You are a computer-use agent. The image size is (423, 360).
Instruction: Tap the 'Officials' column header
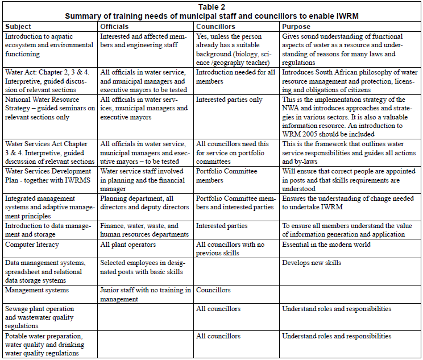pyautogui.click(x=114, y=26)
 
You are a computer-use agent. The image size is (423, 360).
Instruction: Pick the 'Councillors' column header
pyautogui.click(x=215, y=26)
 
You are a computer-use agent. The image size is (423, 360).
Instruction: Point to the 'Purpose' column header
pyautogui.click(x=296, y=26)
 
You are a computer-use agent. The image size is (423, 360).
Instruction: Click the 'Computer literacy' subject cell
pyautogui.click(x=33, y=245)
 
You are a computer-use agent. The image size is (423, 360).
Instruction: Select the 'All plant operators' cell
pyautogui.click(x=128, y=245)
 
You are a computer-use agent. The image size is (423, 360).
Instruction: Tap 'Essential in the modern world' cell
pyautogui.click(x=326, y=245)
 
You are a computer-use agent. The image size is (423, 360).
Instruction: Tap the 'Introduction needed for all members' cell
pyautogui.click(x=236, y=77)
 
